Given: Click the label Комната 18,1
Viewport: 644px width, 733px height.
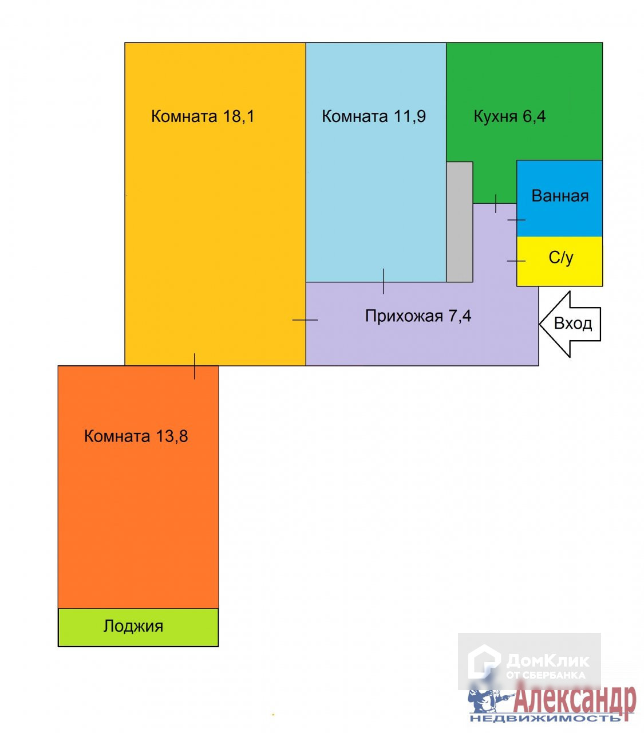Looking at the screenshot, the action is (x=202, y=116).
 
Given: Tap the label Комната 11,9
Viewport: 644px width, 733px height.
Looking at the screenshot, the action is (x=374, y=116).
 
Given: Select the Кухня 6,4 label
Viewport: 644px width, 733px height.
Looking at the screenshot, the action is (x=509, y=116).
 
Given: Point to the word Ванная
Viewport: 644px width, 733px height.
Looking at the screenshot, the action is (x=560, y=196).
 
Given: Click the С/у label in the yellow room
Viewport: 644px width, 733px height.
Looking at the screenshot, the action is (x=561, y=258).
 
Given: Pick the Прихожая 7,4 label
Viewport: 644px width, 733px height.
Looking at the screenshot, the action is (x=418, y=316).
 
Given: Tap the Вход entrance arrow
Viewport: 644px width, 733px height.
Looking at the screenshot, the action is (x=570, y=324).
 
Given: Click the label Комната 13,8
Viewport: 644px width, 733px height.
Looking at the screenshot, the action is (x=136, y=436).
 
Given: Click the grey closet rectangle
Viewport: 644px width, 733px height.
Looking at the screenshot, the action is (x=459, y=222).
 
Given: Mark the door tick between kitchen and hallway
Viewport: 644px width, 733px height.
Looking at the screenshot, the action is (x=495, y=203).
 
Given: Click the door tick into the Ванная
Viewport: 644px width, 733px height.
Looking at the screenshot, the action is (x=516, y=219).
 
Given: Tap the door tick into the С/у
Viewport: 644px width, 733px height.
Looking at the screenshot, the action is (x=516, y=261).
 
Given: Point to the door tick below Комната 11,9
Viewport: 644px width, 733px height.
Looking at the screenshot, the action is (x=384, y=281).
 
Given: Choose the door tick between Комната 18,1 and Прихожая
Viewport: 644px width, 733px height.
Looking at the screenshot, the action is (x=305, y=320).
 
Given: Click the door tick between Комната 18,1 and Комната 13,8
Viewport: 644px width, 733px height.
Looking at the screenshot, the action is (x=195, y=366).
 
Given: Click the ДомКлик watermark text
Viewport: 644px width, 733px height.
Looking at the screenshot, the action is (x=547, y=661).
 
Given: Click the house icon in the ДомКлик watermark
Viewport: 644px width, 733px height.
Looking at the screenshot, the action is (x=484, y=662).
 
